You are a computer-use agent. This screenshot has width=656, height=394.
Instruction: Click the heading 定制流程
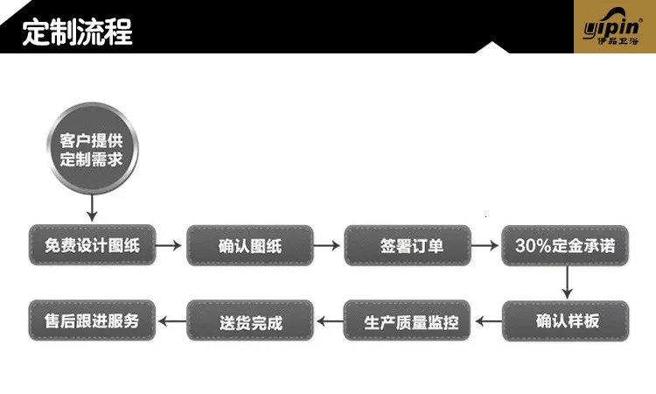click(x=78, y=32)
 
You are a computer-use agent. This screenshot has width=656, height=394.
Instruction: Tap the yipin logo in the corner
click(x=614, y=27)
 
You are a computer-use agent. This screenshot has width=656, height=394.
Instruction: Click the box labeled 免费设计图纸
click(x=92, y=246)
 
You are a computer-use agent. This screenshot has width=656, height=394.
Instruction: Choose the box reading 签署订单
click(x=408, y=246)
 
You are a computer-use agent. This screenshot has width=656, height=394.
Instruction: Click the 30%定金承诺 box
click(x=565, y=246)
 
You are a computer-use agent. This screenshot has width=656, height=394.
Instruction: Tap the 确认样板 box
click(x=567, y=321)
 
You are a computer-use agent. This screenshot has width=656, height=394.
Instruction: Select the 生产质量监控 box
click(x=408, y=321)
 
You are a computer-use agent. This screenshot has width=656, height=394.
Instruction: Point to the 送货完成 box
click(x=250, y=321)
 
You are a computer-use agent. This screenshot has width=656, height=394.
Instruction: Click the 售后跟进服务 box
click(x=92, y=320)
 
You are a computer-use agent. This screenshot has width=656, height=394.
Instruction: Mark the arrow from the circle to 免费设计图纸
click(x=92, y=208)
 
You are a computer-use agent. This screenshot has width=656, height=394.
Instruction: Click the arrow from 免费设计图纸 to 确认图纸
click(x=170, y=246)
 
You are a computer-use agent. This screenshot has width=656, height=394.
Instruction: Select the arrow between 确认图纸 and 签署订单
click(x=328, y=246)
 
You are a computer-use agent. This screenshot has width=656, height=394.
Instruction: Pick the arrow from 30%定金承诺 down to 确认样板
click(x=567, y=284)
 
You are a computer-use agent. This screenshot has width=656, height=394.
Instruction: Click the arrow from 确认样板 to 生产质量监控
click(x=487, y=321)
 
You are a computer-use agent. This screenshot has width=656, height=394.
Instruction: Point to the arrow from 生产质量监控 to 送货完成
click(x=329, y=321)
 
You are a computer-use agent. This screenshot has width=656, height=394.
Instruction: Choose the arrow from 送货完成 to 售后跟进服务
click(x=171, y=321)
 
